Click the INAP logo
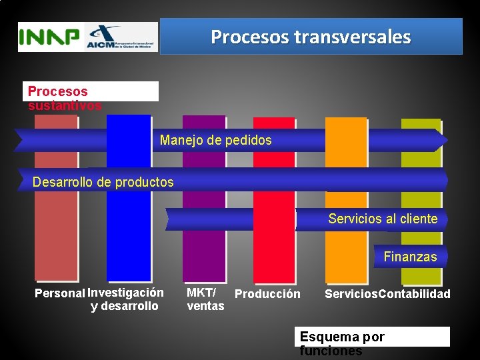pos(49,37)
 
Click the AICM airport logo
pos(120,37)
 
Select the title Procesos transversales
pos(311,37)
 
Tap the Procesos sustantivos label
pos(65,98)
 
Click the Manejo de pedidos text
pos(215,140)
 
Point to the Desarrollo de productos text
pos(103,182)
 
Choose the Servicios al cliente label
pos(383,219)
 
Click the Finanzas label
pos(410,257)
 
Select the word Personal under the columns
pos(60,293)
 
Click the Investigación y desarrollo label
pos(125,299)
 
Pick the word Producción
pos(268,294)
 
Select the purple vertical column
pos(204,260)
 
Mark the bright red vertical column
pos(274,260)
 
